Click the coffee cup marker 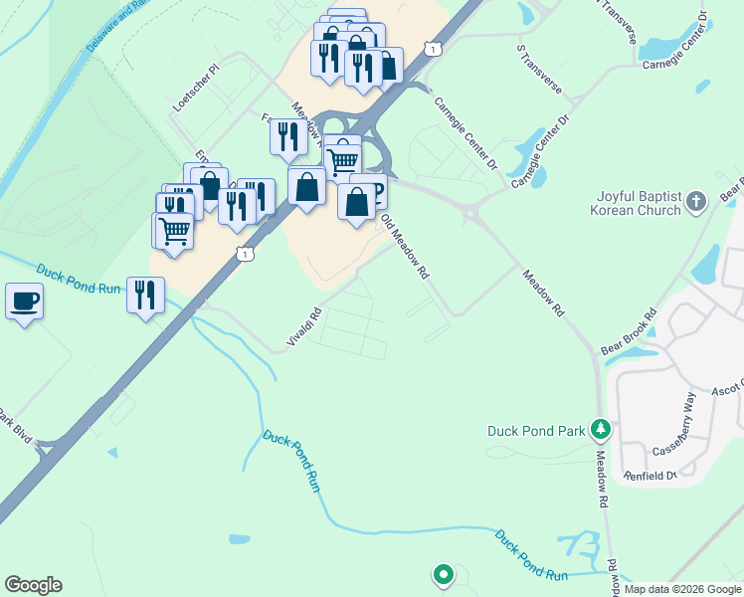(x=24, y=300)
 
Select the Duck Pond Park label (x=535, y=431)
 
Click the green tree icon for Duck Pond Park (x=600, y=430)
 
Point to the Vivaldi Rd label (x=304, y=327)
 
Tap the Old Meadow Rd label (x=406, y=245)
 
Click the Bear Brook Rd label (x=630, y=333)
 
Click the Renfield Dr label (x=651, y=476)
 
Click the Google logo (x=33, y=585)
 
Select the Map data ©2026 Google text (x=682, y=589)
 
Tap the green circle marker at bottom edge (x=442, y=574)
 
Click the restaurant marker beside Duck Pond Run (x=145, y=296)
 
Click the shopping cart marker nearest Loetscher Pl (x=174, y=232)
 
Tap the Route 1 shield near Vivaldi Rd (x=244, y=255)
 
